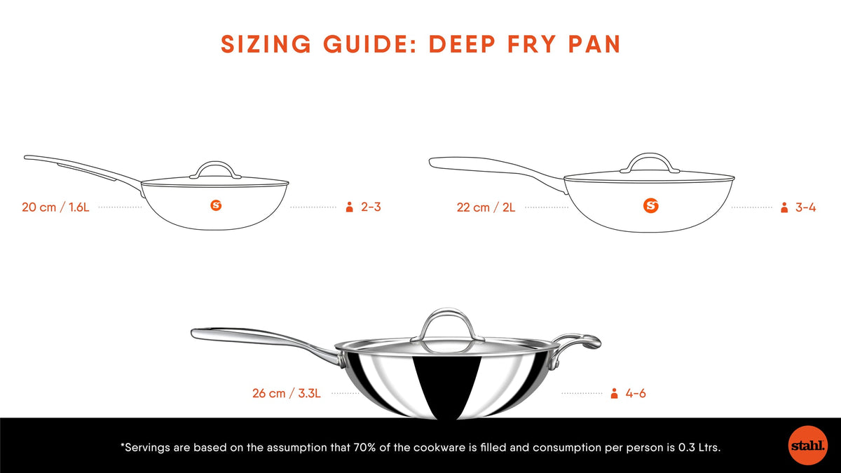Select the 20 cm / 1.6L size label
click(x=55, y=207)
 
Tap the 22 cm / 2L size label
click(x=486, y=207)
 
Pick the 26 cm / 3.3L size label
click(x=286, y=393)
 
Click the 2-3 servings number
click(x=370, y=207)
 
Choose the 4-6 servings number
click(x=636, y=393)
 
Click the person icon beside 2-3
click(x=348, y=207)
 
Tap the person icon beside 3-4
click(x=784, y=207)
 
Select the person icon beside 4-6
click(x=615, y=393)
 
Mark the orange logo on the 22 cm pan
click(x=652, y=205)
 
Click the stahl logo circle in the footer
click(x=807, y=445)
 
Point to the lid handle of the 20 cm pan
click(x=215, y=168)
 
